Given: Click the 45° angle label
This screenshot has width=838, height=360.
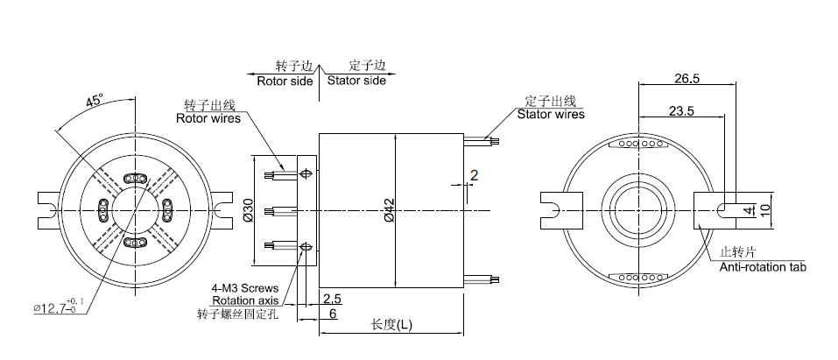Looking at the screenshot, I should pos(95,101).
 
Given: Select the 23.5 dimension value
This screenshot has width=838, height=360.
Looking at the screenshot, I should pos(681,111).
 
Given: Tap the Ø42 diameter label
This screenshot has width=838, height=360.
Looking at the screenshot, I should pos(386,210).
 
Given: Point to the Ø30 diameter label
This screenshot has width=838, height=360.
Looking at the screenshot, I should pos(248,209).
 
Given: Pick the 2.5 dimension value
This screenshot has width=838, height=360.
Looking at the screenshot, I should pos(332,300).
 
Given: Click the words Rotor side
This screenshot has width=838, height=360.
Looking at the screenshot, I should pos(285,81).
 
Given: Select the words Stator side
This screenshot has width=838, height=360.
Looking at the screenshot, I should pos(356,81).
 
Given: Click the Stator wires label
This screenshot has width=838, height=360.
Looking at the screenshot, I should pos(551,114).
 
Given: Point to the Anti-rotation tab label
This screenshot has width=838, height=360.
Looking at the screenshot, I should pos(763,266).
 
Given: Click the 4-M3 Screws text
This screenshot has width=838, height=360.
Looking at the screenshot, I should pos(244,287).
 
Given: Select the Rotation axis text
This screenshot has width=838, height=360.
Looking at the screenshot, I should pos(245,300).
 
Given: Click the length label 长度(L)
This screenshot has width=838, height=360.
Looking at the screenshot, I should pos(391,324).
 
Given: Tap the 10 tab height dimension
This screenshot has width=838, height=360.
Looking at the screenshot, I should pos(764,209).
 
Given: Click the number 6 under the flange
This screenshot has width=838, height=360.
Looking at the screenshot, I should pos(333,313).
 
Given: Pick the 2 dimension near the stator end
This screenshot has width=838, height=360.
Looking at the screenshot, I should pos(474,175).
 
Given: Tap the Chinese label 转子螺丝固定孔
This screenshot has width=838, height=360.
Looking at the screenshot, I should pos(238,313).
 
